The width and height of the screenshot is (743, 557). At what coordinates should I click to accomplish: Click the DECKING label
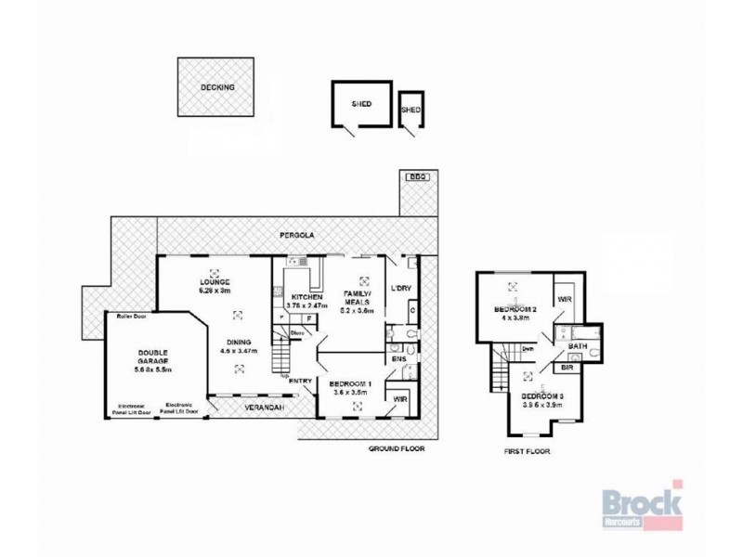coord(217,87)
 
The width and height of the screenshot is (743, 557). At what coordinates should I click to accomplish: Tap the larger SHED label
coord(360,104)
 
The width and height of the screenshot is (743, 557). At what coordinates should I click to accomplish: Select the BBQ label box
coord(414,176)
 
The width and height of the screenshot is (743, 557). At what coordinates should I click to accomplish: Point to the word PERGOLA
coord(300,237)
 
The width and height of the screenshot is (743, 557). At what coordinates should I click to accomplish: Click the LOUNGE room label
coord(215,282)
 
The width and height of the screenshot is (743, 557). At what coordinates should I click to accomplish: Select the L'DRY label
coord(401,288)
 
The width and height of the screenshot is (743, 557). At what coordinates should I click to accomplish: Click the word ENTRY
coord(300,381)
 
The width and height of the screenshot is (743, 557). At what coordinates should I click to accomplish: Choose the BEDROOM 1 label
coord(351,384)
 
